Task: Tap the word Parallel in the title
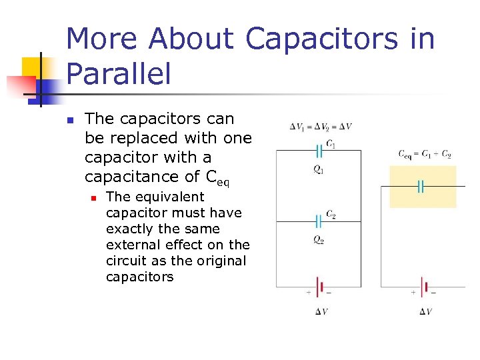pyautogui.click(x=119, y=74)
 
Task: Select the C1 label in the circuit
pyautogui.click(x=330, y=145)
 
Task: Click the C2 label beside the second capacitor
pyautogui.click(x=331, y=215)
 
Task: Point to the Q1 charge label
pyautogui.click(x=319, y=170)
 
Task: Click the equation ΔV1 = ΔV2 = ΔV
pyautogui.click(x=321, y=127)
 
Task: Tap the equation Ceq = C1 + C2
pyautogui.click(x=425, y=154)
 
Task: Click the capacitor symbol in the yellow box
pyautogui.click(x=421, y=187)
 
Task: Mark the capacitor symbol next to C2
pyautogui.click(x=318, y=219)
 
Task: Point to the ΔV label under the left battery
pyautogui.click(x=321, y=311)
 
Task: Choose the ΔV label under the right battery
pyautogui.click(x=425, y=311)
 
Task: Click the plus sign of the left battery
pyautogui.click(x=309, y=293)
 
